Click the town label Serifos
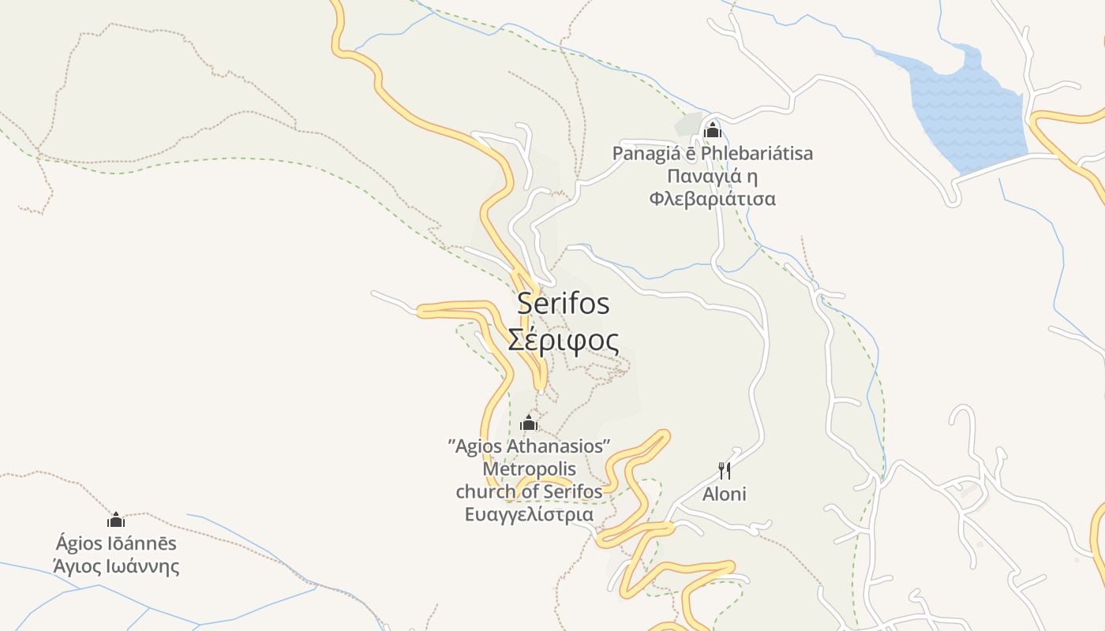[564, 304]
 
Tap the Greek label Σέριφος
[564, 341]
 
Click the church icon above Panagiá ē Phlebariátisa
[713, 130]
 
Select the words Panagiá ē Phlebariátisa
[713, 153]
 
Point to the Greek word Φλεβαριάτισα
[713, 199]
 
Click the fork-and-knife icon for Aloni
[725, 471]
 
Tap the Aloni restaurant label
[725, 495]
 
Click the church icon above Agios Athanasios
[529, 424]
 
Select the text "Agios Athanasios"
[529, 446]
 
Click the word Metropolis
[529, 469]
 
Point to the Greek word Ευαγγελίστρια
[529, 515]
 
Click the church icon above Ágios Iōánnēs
[116, 520]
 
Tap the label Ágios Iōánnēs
[116, 543]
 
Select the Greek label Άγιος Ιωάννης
[116, 566]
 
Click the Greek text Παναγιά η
[713, 176]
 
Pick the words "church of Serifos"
[529, 492]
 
